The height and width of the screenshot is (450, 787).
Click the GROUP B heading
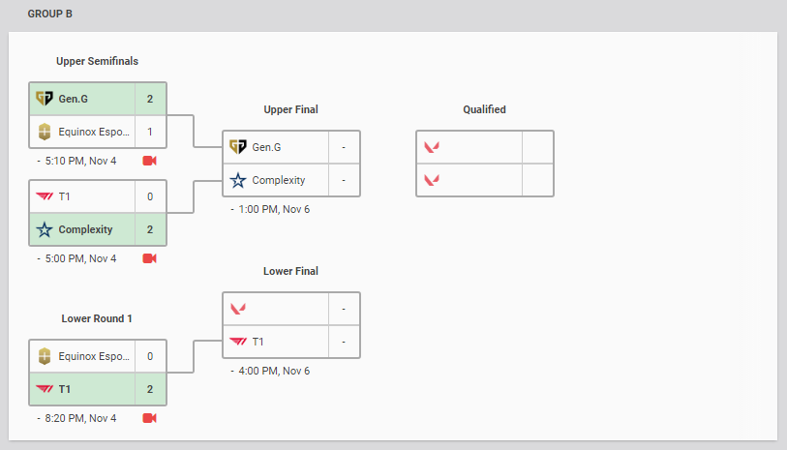pyautogui.click(x=49, y=15)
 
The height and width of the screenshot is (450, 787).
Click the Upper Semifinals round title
pyautogui.click(x=97, y=61)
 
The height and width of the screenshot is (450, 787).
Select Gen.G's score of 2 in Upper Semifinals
pyautogui.click(x=150, y=99)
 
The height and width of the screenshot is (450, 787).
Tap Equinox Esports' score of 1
pyautogui.click(x=150, y=132)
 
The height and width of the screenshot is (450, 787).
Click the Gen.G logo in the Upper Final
pyautogui.click(x=238, y=147)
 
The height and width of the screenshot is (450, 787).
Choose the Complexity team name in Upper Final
pyautogui.click(x=280, y=180)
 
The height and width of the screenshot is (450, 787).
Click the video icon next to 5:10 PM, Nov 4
pyautogui.click(x=149, y=160)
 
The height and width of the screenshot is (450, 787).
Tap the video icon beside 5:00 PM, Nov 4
pyautogui.click(x=149, y=258)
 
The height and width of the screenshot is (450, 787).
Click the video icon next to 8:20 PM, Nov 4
pyautogui.click(x=149, y=418)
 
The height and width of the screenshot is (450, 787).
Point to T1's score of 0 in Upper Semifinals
pyautogui.click(x=150, y=196)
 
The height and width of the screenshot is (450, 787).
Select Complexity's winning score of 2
pyautogui.click(x=150, y=229)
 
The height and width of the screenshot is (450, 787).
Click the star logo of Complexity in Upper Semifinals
pyautogui.click(x=44, y=229)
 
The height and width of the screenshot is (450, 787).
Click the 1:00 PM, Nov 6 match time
pyautogui.click(x=274, y=209)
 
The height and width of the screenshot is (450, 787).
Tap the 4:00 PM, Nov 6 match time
pyautogui.click(x=274, y=371)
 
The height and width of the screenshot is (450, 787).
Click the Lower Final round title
pyautogui.click(x=290, y=271)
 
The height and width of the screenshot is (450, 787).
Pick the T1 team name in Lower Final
pyautogui.click(x=258, y=342)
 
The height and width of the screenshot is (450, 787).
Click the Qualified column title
pyautogui.click(x=484, y=109)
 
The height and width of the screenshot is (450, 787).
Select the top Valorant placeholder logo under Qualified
pyautogui.click(x=432, y=147)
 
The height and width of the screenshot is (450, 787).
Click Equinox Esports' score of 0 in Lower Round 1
pyautogui.click(x=150, y=356)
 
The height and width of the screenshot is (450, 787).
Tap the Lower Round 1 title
pyautogui.click(x=97, y=318)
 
